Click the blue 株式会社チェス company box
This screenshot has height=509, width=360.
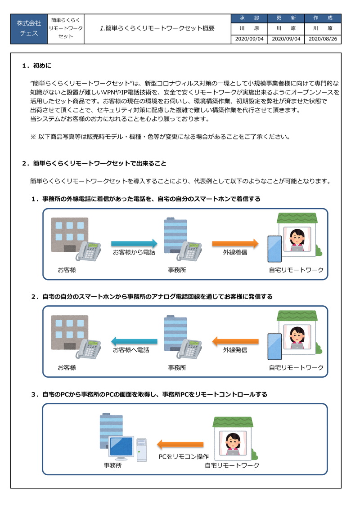tap(29, 28)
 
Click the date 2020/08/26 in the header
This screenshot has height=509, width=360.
tap(323, 39)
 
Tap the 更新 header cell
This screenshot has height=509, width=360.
tap(286, 18)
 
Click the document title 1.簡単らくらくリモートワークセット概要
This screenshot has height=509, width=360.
tap(157, 28)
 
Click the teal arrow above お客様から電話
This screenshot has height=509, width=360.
tap(134, 244)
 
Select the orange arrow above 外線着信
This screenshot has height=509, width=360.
tap(235, 244)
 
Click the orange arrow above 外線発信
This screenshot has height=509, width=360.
tap(235, 341)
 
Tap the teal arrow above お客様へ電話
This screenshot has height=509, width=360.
tap(134, 341)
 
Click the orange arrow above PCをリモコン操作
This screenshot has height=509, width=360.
tap(180, 445)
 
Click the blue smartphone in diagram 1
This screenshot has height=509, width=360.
tap(274, 249)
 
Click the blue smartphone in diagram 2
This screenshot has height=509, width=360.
tap(274, 346)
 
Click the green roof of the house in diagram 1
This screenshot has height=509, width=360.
tap(297, 218)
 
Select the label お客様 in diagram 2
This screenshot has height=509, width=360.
tap(67, 367)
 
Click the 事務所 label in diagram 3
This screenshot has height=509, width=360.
tap(112, 465)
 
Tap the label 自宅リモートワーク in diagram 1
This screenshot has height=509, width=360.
tap(296, 270)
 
